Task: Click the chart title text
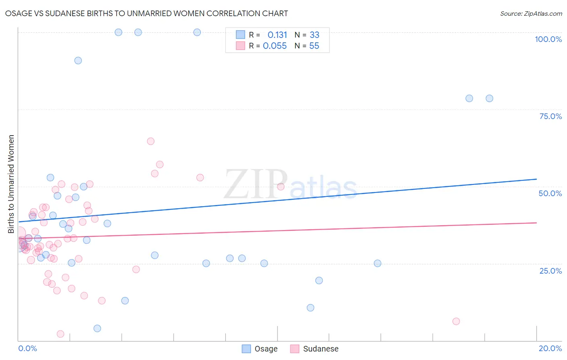[146, 13]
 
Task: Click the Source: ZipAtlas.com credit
[531, 13]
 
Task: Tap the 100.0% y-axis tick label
[548, 39]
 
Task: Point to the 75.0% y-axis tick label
[550, 116]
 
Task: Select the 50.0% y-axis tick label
[550, 193]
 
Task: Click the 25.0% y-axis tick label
[550, 270]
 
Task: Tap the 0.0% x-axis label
[27, 348]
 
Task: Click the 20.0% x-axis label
[550, 348]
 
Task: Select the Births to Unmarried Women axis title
[11, 184]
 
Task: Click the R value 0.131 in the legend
[277, 35]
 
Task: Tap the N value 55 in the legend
[314, 46]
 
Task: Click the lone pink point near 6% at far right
[456, 321]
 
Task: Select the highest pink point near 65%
[151, 141]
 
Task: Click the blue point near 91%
[78, 61]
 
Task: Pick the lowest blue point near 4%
[97, 329]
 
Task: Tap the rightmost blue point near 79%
[489, 98]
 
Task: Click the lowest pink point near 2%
[60, 334]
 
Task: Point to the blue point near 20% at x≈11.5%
[319, 280]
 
